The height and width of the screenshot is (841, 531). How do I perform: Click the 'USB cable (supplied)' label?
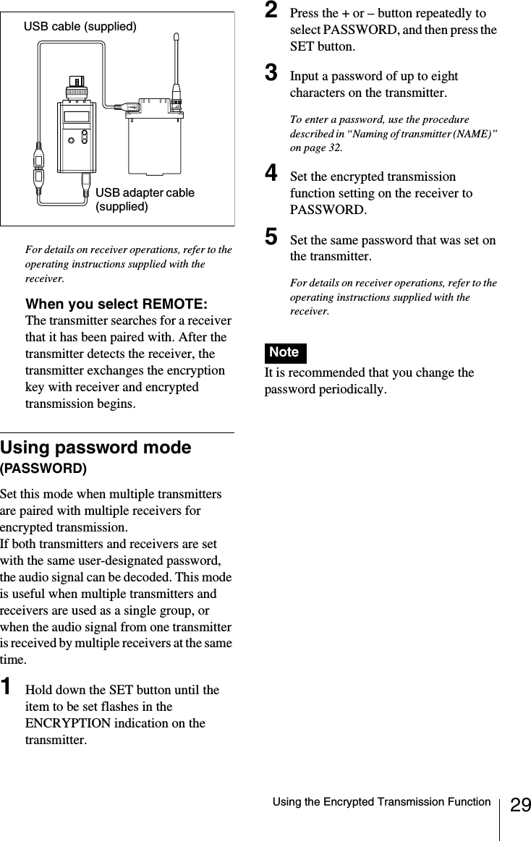click(x=80, y=27)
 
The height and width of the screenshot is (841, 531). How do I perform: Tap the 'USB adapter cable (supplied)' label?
click(x=145, y=200)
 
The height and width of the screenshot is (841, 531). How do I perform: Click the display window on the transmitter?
click(x=76, y=117)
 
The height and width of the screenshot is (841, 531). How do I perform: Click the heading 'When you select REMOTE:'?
click(x=116, y=303)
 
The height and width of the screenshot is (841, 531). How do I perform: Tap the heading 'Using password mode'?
click(x=96, y=448)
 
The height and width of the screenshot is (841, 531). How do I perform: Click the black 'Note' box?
click(x=284, y=352)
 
